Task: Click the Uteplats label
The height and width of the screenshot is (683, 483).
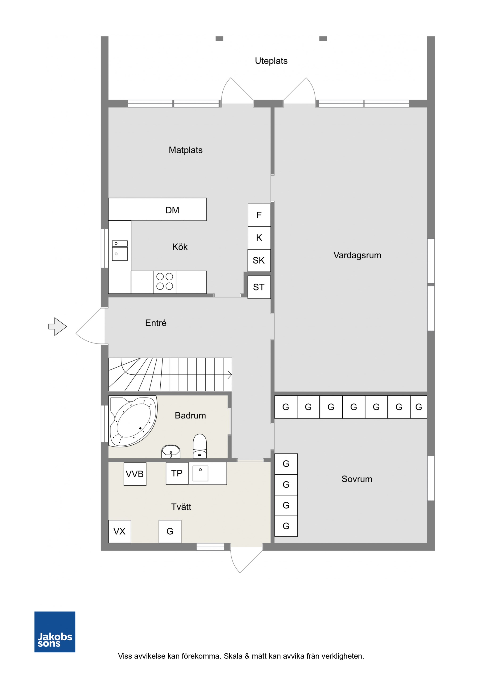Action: click(x=271, y=61)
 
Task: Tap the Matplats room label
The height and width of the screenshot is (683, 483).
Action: click(x=185, y=150)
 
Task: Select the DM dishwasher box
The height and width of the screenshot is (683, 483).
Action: click(x=157, y=209)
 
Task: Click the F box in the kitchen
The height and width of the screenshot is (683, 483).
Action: click(x=259, y=215)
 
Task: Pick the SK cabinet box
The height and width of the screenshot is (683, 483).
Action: click(x=259, y=260)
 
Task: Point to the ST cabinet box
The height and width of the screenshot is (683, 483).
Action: click(x=259, y=287)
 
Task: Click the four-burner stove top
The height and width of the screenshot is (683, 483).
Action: click(x=165, y=282)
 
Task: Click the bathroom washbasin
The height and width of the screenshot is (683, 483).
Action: click(x=171, y=451)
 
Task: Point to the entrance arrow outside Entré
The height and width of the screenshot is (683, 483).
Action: click(x=58, y=327)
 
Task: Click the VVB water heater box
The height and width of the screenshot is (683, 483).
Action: click(x=135, y=474)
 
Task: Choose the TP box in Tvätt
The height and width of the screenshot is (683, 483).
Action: click(x=177, y=473)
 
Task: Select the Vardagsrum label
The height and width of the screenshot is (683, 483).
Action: click(x=357, y=255)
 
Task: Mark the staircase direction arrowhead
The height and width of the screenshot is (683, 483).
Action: click(x=230, y=375)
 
